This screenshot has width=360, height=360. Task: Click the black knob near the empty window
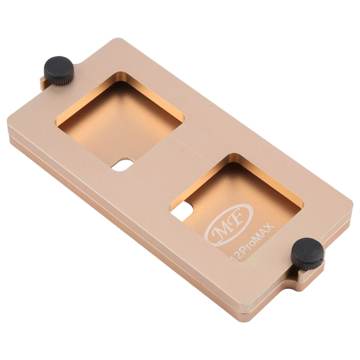[x=59, y=71]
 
